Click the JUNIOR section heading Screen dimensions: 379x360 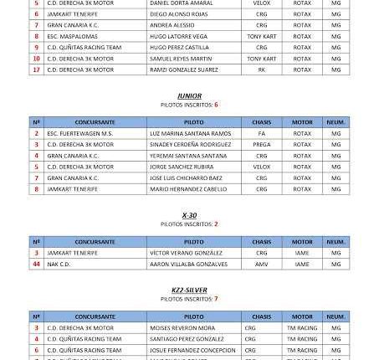189,96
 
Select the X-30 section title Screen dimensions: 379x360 189,215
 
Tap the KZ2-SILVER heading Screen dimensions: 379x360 189,290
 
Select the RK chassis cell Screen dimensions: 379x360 261,69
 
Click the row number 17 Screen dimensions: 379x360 36,69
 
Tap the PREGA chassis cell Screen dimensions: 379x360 261,144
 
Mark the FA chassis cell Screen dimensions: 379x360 261,133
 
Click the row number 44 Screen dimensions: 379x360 36,264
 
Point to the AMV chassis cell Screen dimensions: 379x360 261,264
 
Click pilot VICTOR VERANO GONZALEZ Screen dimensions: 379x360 186,253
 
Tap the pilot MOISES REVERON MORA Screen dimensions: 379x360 182,328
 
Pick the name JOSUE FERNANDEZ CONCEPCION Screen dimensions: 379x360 193,350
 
